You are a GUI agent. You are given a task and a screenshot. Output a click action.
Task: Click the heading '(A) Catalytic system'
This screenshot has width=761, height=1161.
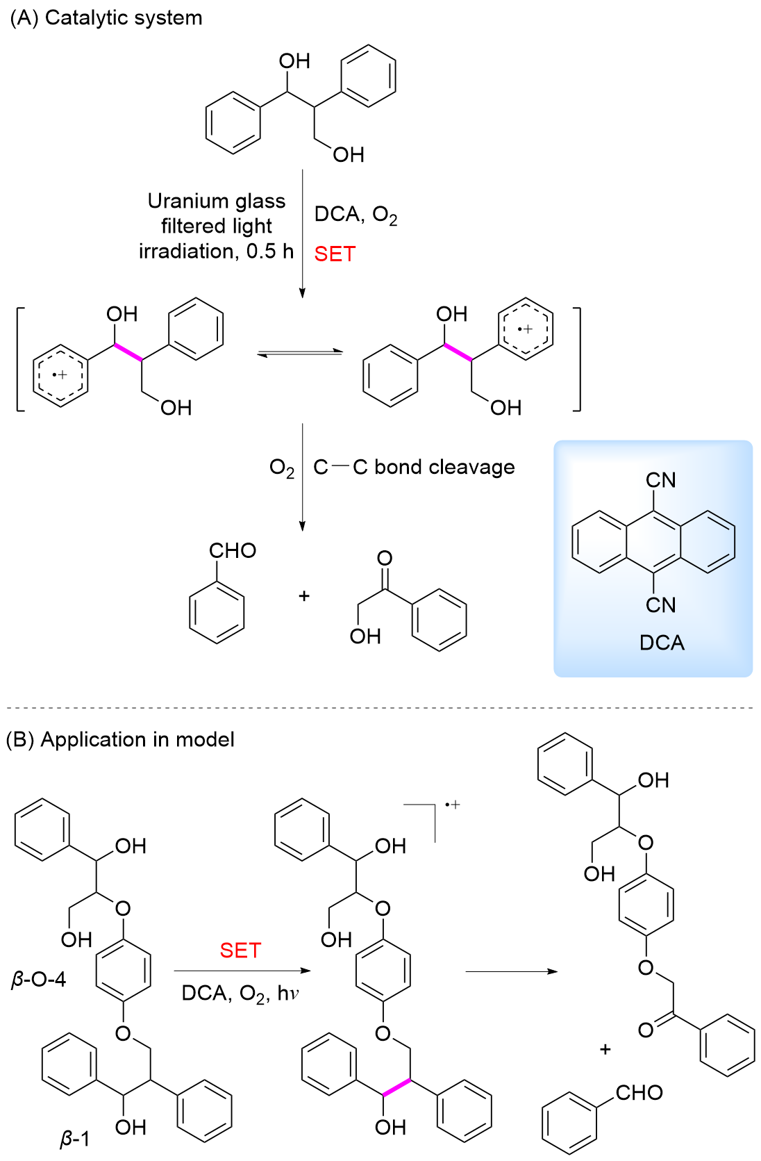[106, 17]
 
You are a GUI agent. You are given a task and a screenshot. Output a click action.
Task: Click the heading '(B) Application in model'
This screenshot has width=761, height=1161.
[120, 739]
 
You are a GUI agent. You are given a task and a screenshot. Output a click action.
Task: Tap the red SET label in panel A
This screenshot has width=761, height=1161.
[335, 254]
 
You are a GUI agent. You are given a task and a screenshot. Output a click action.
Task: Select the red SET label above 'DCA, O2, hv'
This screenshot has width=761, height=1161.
[240, 950]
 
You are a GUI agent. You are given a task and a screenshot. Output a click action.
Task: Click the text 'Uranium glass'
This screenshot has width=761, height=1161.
[217, 201]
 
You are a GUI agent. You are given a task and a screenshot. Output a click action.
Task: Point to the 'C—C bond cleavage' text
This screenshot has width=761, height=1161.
[414, 467]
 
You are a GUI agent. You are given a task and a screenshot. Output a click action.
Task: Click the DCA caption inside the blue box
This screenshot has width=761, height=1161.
[662, 643]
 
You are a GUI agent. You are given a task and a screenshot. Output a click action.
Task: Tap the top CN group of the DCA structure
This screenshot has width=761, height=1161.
[660, 480]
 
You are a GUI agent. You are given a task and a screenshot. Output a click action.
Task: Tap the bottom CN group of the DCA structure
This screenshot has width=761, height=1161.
[660, 604]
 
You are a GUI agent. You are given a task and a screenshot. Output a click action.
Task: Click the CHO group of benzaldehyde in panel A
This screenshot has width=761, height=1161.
[233, 551]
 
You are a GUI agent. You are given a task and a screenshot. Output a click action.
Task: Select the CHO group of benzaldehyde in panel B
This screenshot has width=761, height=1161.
[639, 1093]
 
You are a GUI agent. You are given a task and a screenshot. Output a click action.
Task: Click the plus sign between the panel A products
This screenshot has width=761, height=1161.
[303, 596]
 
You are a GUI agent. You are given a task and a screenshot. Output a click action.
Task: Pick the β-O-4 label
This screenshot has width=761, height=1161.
[39, 980]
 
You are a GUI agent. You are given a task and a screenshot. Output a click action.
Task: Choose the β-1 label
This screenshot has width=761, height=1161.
[74, 1139]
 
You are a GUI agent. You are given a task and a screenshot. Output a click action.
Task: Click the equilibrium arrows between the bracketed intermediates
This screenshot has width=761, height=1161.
[300, 353]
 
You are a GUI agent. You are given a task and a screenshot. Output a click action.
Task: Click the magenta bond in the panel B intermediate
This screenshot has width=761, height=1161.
[396, 1088]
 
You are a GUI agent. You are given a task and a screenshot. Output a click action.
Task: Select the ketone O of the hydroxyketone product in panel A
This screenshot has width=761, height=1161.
[384, 558]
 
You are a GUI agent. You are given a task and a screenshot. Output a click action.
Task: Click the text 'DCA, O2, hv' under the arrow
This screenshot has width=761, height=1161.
[240, 994]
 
